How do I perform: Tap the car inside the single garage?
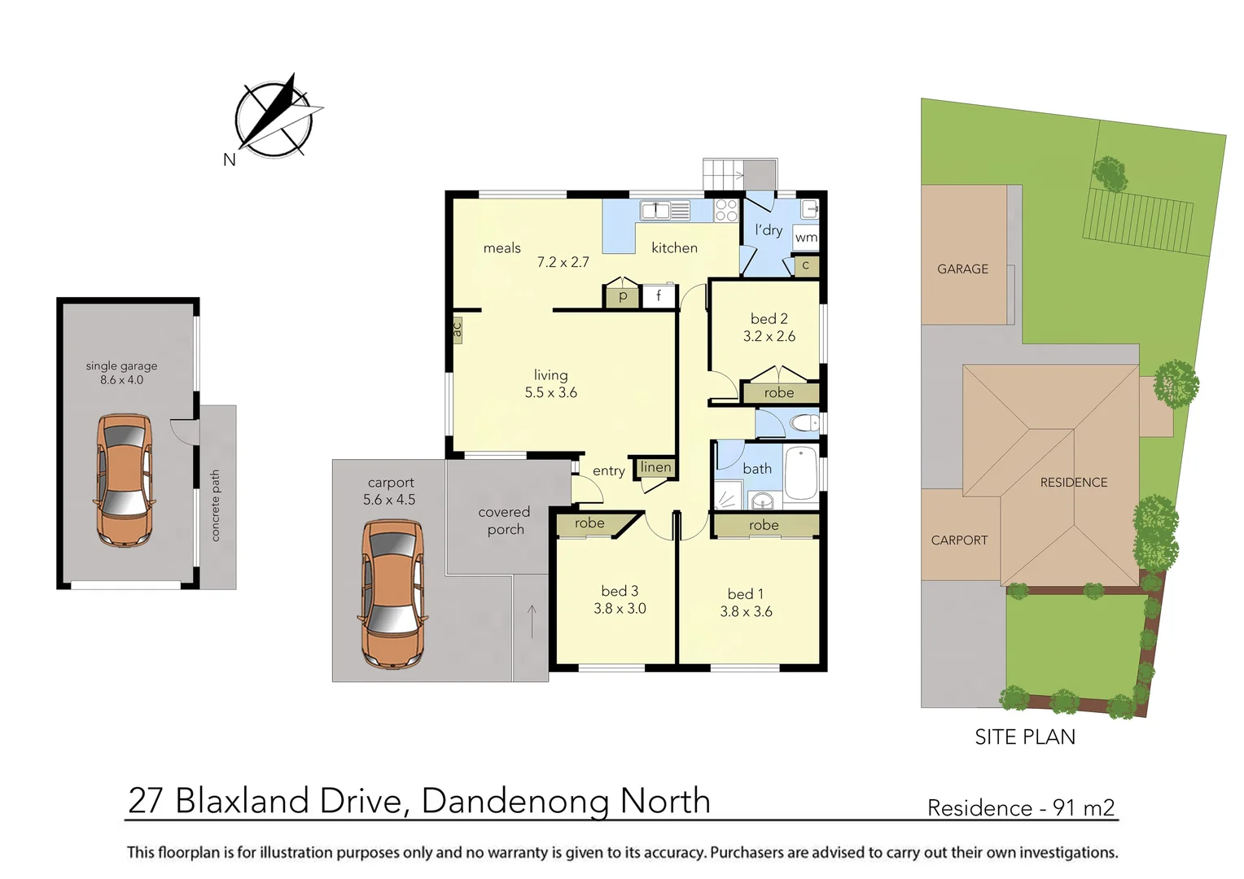(124, 480)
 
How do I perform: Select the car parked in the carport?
(392, 593)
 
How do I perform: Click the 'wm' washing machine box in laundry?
(805, 237)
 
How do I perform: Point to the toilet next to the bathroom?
(804, 423)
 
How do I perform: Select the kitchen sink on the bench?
(664, 210)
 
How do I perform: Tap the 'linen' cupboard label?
(655, 467)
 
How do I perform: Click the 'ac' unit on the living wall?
(457, 330)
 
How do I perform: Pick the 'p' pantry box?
(622, 296)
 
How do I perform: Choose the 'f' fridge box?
(659, 296)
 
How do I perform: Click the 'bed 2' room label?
(769, 318)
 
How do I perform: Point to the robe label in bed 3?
(589, 523)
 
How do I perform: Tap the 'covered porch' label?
(505, 520)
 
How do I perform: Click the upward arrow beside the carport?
(532, 622)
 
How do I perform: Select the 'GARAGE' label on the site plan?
(962, 269)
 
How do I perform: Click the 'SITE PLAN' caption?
(1025, 737)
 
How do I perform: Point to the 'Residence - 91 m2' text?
(1021, 807)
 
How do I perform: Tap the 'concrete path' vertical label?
(216, 505)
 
